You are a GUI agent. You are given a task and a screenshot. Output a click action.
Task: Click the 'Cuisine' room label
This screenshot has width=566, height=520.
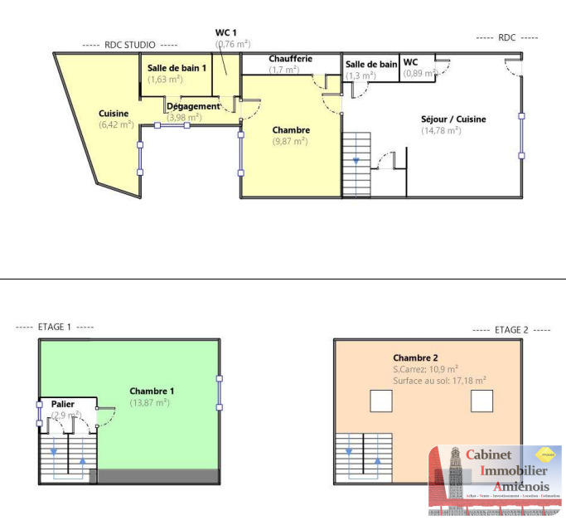[114, 114]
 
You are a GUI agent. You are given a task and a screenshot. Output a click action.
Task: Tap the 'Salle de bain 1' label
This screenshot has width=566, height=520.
[177, 68]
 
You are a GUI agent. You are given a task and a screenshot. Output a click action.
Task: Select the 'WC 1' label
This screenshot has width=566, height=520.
[226, 32]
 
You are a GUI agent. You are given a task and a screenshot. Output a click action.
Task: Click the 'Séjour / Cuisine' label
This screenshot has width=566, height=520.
[453, 119]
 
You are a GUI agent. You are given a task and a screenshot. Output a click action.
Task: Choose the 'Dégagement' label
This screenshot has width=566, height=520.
[193, 106]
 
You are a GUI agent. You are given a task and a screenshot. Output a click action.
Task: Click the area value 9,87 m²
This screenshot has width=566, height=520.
[290, 142]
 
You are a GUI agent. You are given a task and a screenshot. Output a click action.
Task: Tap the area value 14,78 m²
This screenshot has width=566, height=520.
[441, 131]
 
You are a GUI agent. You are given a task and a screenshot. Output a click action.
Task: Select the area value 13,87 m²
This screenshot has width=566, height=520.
[149, 402]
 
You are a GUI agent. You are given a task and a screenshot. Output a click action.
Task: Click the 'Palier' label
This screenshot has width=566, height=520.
[57, 404]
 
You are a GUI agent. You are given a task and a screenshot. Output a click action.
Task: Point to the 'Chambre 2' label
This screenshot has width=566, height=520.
[415, 357]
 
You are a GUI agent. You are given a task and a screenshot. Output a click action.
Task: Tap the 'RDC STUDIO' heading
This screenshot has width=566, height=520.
[129, 45]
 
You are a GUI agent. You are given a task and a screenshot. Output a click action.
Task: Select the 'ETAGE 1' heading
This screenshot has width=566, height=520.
[55, 327]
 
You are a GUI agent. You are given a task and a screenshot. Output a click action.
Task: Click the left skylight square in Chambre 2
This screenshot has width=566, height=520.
[380, 401]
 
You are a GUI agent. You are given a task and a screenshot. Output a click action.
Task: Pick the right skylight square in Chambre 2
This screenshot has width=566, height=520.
[481, 401]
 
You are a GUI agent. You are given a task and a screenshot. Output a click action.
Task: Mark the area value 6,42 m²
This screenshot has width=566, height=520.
[116, 125]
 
